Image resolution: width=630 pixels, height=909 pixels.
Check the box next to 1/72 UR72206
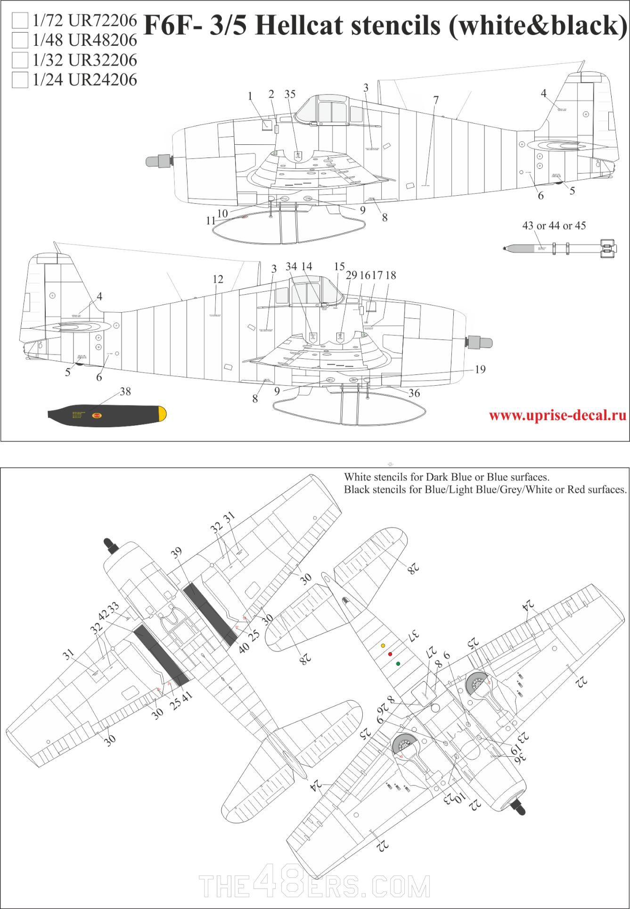[x=20, y=21]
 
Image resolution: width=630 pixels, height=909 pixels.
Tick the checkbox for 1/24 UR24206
[x=20, y=80]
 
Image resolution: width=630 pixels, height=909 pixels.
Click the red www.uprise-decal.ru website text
[x=557, y=415]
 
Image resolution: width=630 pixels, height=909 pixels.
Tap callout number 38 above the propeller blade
[x=125, y=392]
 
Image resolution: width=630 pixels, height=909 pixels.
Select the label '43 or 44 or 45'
[x=554, y=226]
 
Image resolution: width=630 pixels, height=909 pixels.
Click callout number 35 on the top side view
[x=290, y=94]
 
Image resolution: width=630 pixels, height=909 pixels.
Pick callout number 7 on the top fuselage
[x=436, y=100]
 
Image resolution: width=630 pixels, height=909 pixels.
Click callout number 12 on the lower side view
[x=217, y=280]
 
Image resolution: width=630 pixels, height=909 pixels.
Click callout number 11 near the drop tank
[x=211, y=221]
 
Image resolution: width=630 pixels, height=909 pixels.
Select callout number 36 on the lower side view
[x=414, y=393]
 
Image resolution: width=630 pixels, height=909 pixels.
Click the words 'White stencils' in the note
[x=374, y=477]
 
